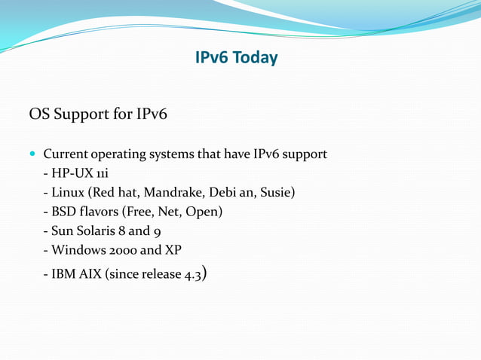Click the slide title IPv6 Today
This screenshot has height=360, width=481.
click(236, 58)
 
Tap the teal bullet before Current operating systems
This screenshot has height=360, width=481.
click(32, 154)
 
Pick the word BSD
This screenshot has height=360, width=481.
click(65, 212)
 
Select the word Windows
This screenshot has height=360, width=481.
click(81, 250)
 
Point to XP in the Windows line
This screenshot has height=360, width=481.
click(173, 250)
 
